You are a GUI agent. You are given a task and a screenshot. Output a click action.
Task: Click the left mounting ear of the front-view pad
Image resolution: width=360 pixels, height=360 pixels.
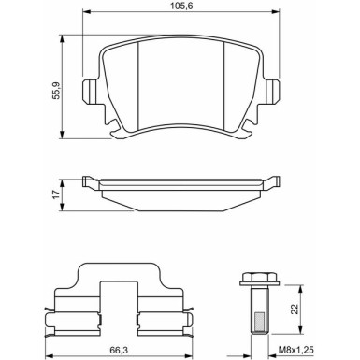pyautogui.click(x=90, y=94)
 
